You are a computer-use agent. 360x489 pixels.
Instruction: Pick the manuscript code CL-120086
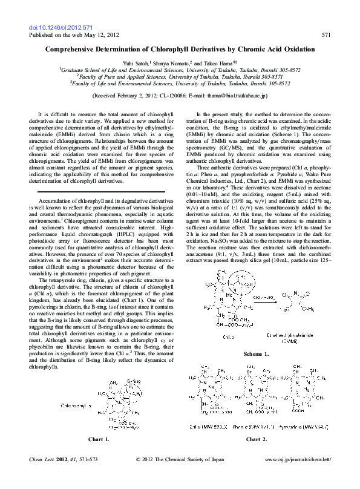click(x=169, y=95)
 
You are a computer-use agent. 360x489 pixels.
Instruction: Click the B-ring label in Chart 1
click(x=133, y=382)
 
